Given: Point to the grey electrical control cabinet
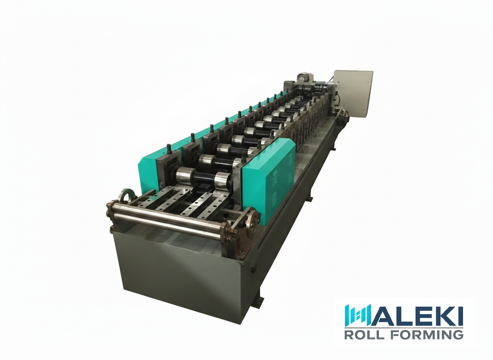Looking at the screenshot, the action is coord(353,94).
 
